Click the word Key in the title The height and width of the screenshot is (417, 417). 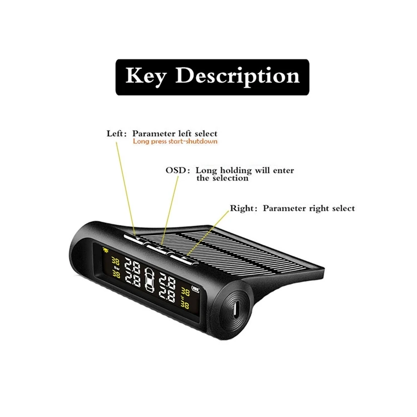point(145,76)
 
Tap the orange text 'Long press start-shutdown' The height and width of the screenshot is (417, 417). point(175,142)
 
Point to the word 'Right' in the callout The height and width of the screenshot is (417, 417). point(242,209)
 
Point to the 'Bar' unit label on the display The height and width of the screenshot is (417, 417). point(117,267)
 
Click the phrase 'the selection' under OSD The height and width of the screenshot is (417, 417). point(222,178)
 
